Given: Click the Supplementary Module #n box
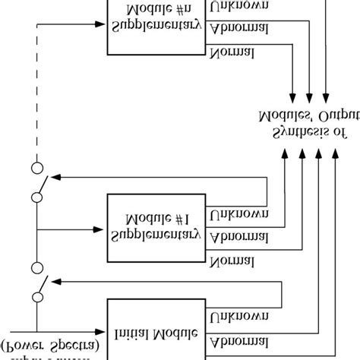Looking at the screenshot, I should click(x=156, y=26).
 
